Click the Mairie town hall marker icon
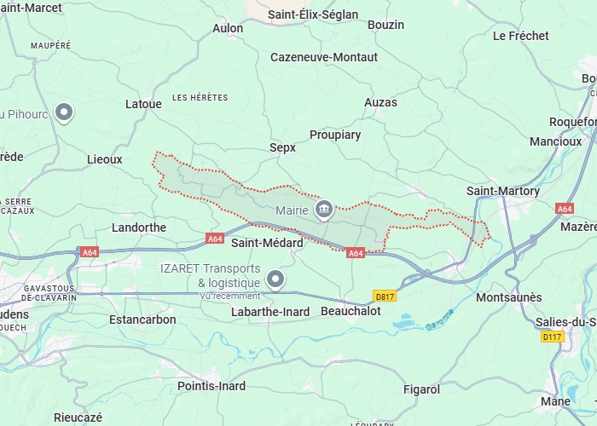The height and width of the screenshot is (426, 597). point(324,209)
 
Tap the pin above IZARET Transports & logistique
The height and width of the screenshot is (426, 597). point(275,279)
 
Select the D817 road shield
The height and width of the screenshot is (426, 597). point(385,296)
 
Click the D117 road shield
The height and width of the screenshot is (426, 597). point(553,337)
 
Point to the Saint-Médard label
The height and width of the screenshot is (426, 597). point(267,243)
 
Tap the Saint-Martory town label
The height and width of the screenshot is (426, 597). point(503,191)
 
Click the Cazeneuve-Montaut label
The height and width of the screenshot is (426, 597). point(323,57)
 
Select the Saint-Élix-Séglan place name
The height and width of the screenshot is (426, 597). point(313,14)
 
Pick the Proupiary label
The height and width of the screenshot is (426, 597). point(335,135)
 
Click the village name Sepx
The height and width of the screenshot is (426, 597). point(282,147)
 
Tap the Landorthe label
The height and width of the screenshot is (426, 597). point(139,227)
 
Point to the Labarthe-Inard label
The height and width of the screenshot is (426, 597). point(270,312)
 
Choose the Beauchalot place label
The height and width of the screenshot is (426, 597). point(351,312)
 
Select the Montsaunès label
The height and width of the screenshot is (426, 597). point(508,297)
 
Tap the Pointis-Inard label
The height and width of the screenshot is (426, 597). point(212,386)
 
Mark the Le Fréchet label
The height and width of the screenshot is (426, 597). point(521,36)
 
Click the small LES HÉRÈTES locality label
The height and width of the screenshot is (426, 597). point(200,98)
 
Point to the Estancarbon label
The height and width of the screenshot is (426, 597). point(142,319)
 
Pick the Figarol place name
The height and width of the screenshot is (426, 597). point(421,389)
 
